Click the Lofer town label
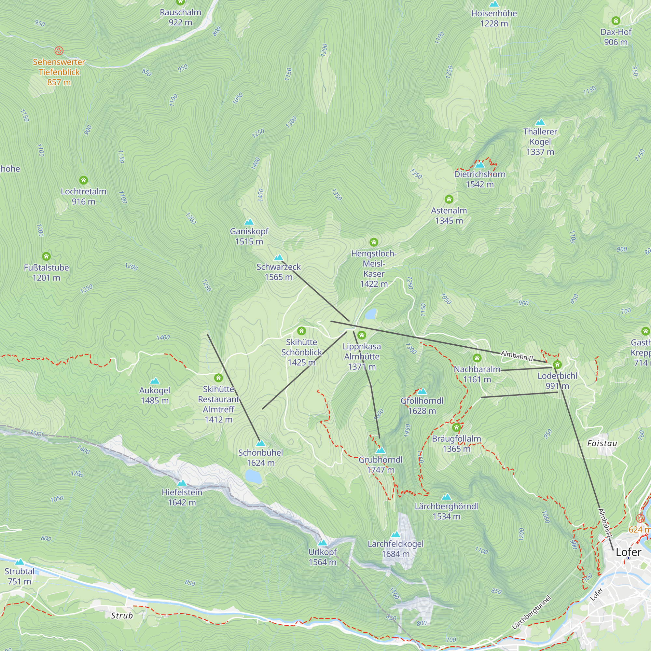[629, 552]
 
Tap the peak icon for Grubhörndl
[381, 450]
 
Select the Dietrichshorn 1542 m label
[479, 179]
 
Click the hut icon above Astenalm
[449, 199]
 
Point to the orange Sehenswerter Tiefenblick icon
[59, 51]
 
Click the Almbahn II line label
[517, 355]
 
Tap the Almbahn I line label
[605, 523]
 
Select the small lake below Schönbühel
[253, 477]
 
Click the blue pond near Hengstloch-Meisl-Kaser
[371, 314]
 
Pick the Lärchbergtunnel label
[532, 613]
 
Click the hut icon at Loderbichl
[557, 365]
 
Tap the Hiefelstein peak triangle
[182, 483]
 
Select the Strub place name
[122, 616]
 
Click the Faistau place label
[602, 443]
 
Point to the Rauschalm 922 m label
[180, 17]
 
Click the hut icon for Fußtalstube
[46, 256]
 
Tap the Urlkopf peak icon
[323, 543]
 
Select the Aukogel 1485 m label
[155, 395]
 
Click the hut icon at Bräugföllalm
[456, 428]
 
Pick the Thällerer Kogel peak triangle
[540, 122]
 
